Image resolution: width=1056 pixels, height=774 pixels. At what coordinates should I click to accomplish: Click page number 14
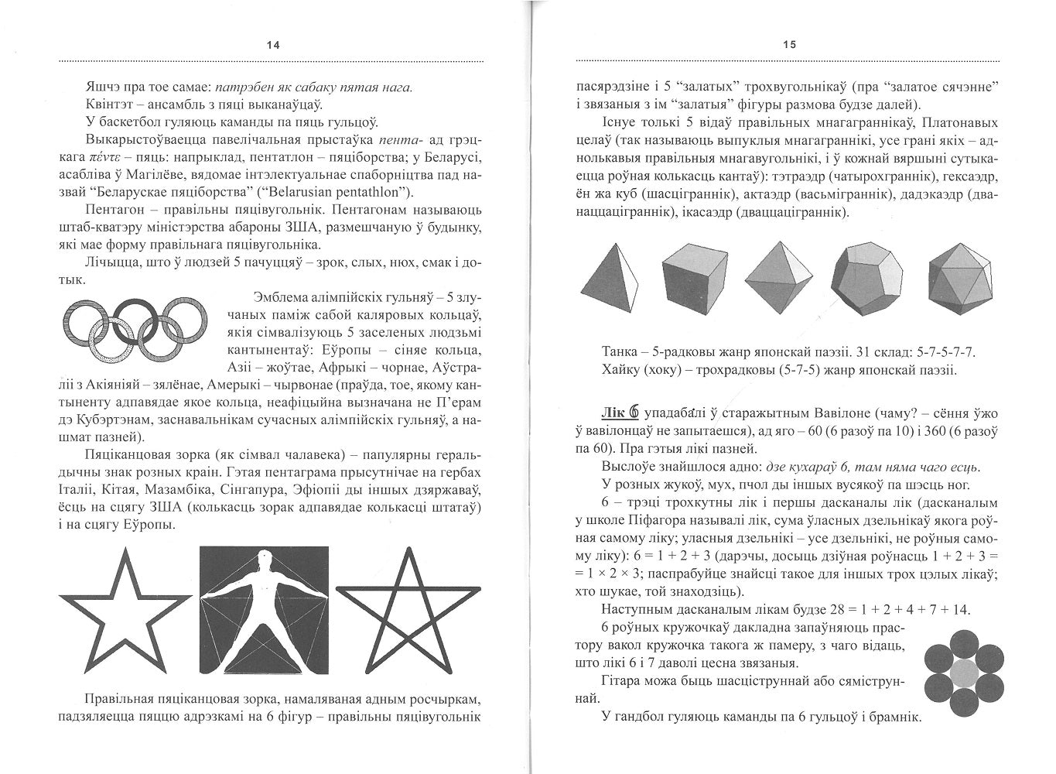272,45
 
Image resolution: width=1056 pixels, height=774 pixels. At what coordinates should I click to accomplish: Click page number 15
789,45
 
